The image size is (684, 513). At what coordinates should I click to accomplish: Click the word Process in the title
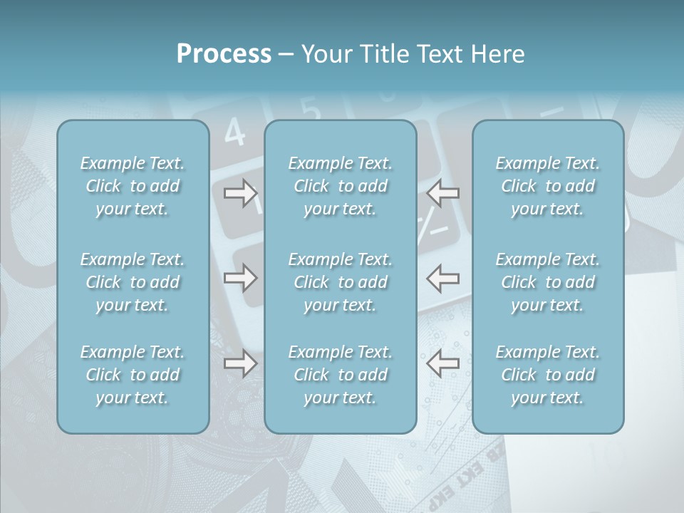(x=224, y=54)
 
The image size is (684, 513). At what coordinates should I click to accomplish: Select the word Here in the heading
(x=497, y=54)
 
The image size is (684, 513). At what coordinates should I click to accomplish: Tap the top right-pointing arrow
(x=241, y=193)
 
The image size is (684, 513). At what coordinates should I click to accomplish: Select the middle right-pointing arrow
(x=241, y=278)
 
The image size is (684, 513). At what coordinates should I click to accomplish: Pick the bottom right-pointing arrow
(x=241, y=363)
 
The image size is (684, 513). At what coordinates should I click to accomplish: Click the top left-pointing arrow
(x=443, y=193)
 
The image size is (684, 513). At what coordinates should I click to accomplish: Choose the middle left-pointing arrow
(x=443, y=278)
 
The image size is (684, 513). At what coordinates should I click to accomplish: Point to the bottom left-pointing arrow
(x=443, y=363)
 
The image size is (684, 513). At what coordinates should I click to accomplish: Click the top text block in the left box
(x=133, y=186)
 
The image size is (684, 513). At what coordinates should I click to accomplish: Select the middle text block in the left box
(x=133, y=282)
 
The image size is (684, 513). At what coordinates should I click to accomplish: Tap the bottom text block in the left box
(x=133, y=375)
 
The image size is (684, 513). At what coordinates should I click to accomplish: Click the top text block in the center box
(x=340, y=186)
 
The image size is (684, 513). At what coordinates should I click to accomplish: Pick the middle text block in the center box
(x=340, y=282)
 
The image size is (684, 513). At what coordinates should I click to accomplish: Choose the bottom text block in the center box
(x=340, y=375)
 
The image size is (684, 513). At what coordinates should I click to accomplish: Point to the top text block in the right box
(x=547, y=186)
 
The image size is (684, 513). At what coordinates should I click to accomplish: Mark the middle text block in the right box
(x=547, y=282)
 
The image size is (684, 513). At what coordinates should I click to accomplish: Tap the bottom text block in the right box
(x=547, y=375)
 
